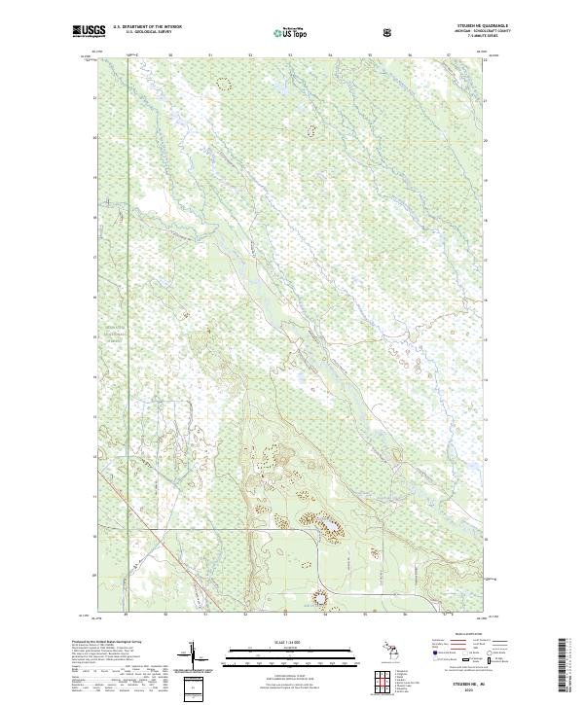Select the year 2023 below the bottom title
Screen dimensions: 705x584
(x=468, y=689)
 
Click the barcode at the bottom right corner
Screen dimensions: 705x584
(x=563, y=666)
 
